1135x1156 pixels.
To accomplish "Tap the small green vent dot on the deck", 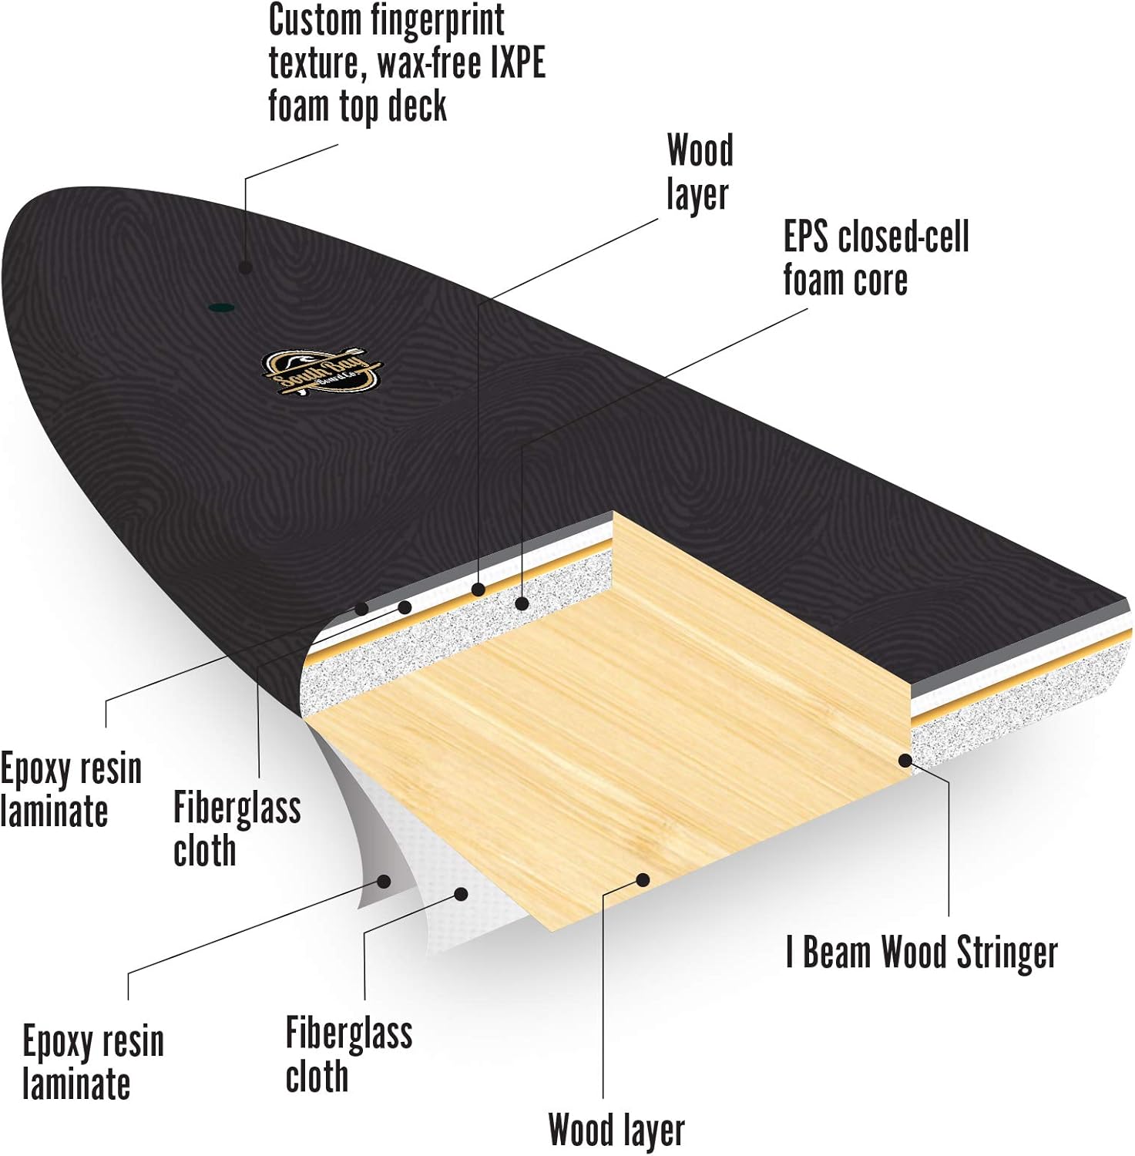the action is pyautogui.click(x=222, y=308).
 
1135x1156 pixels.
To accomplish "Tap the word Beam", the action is pyautogui.click(x=838, y=953).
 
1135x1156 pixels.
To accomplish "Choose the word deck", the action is pyautogui.click(x=417, y=106).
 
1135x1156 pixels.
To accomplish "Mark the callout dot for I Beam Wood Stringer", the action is pyautogui.click(x=906, y=761).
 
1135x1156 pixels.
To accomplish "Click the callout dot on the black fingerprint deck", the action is pyautogui.click(x=245, y=267).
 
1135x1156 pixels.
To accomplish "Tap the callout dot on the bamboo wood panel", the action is pyautogui.click(x=643, y=879).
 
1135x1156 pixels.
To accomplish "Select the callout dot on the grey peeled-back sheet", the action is pyautogui.click(x=384, y=880).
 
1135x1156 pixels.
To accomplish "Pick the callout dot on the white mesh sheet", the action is pyautogui.click(x=461, y=894).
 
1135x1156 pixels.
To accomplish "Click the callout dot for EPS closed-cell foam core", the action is pyautogui.click(x=522, y=603).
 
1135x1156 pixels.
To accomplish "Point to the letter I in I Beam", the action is pyautogui.click(x=789, y=953).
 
